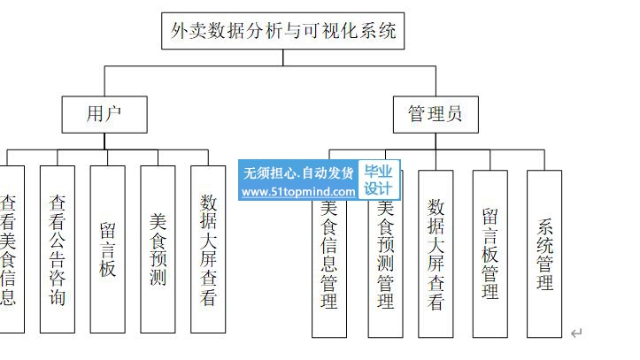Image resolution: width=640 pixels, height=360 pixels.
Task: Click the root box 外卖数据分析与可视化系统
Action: pos(283,32)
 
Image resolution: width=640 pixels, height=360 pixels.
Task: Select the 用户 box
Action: pos(104,114)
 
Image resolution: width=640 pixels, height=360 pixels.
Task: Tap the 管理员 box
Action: pos(436,114)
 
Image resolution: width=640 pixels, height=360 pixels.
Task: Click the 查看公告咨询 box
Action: pos(57,249)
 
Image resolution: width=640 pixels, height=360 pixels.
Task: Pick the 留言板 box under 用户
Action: pos(107,249)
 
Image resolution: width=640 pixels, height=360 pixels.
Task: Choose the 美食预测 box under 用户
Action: pos(158,249)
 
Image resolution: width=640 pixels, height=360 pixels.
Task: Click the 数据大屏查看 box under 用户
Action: pos(208,249)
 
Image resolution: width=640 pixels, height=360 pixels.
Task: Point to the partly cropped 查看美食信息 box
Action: pos(9,249)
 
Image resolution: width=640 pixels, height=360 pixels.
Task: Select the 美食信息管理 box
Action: pos(329,265)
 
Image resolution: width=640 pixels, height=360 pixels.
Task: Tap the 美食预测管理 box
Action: pos(385,265)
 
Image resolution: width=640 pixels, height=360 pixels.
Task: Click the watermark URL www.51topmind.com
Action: pos(298,191)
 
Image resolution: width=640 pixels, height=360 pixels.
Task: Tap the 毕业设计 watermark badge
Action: pos(378,180)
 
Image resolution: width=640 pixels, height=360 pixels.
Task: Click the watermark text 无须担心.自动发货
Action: pos(298,172)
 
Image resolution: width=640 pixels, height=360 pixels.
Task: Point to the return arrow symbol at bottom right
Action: pos(576,333)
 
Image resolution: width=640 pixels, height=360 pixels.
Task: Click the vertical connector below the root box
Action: pos(283,57)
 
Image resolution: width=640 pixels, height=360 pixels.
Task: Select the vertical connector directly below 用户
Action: pos(104,141)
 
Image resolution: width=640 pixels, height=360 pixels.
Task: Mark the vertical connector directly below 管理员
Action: pos(436,141)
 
